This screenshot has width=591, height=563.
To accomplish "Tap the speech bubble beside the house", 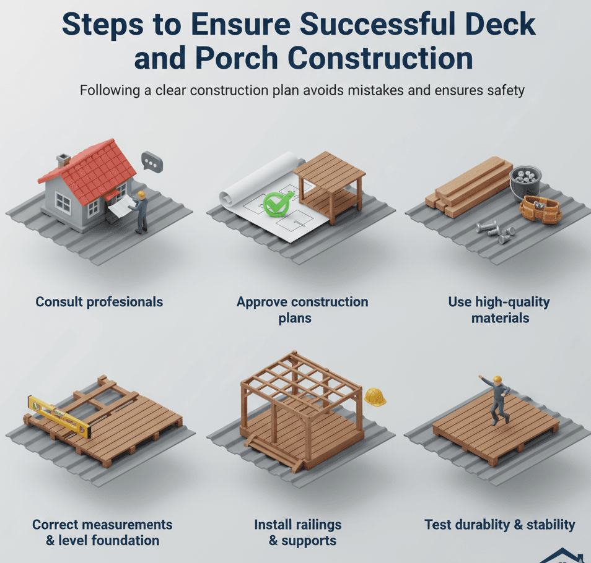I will (x=151, y=162).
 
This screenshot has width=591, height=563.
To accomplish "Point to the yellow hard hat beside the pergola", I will (x=374, y=397).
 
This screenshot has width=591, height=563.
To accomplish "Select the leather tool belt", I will (x=540, y=208).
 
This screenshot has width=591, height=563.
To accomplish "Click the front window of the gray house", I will (x=64, y=202).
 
